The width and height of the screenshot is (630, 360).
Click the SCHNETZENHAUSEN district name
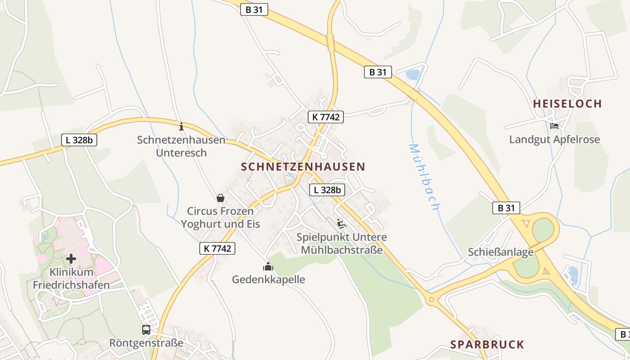tap(303, 166)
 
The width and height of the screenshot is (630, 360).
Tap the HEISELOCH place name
tap(567, 103)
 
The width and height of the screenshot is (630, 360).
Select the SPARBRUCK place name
tap(487, 345)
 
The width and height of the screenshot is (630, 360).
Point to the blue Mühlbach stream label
tap(423, 177)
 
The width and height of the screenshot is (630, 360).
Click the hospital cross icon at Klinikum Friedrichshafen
tap(71, 259)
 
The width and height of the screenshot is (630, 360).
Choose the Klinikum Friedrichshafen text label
tap(72, 279)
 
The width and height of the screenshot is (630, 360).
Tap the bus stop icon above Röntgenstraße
tap(146, 330)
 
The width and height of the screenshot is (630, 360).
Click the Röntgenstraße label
tap(146, 343)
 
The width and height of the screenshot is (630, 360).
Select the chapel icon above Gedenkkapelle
tap(268, 267)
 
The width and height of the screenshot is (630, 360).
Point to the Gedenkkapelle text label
tap(268, 279)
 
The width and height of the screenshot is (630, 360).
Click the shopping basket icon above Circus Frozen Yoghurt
tap(220, 198)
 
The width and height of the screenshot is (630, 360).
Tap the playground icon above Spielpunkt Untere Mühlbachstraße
tap(341, 224)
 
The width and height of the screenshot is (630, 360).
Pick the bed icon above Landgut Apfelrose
tap(554, 126)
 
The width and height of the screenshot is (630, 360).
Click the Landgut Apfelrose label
tap(554, 139)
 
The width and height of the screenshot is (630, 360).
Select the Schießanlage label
tap(500, 252)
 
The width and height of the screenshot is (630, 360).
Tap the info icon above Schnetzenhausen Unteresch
tap(181, 126)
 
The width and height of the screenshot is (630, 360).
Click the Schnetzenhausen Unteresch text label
tap(181, 146)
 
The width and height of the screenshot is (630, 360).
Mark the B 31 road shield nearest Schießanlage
tap(506, 208)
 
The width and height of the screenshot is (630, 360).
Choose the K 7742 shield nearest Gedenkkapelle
tap(217, 248)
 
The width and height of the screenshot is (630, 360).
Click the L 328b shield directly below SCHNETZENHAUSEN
tap(327, 190)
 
